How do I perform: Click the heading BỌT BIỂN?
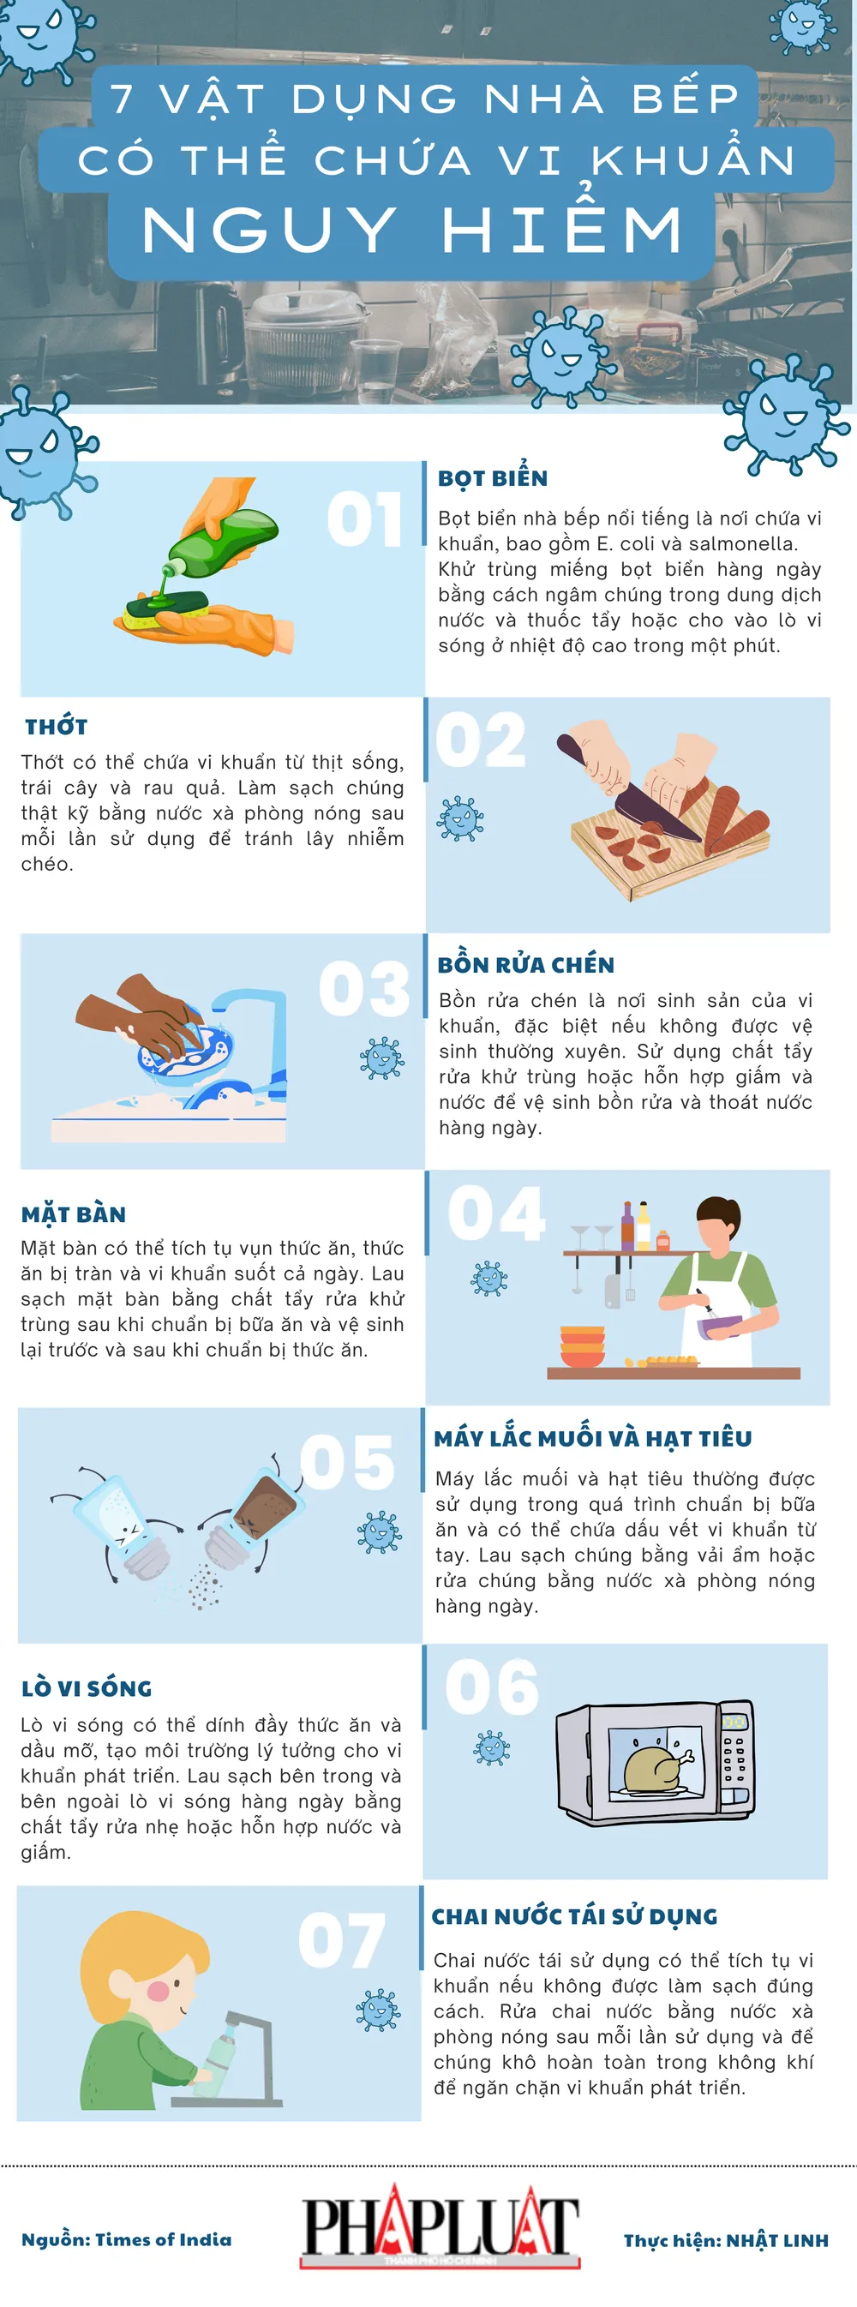click(493, 478)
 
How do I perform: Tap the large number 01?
click(364, 519)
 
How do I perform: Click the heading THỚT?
click(57, 727)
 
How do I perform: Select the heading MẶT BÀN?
click(74, 1214)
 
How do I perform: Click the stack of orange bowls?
click(582, 1346)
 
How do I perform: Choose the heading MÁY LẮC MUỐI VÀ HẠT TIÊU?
click(593, 1438)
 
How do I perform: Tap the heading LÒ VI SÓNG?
click(87, 1688)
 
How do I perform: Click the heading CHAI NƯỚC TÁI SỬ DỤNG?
click(574, 1915)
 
